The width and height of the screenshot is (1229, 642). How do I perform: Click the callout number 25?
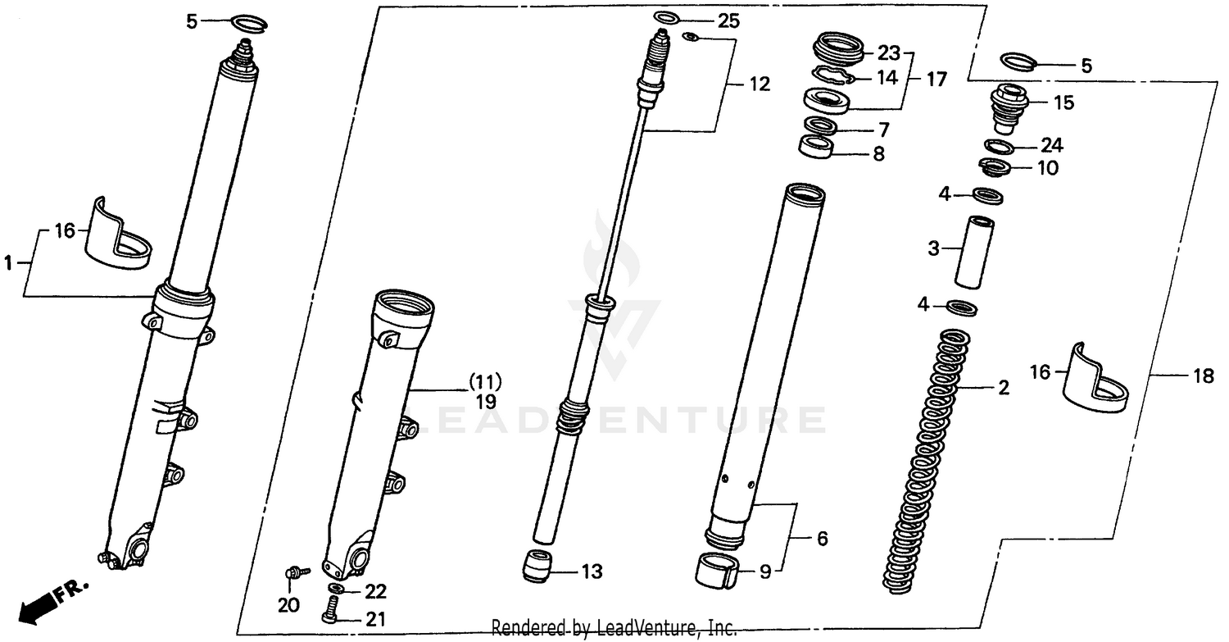[728, 20]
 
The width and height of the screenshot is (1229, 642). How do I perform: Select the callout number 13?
[592, 571]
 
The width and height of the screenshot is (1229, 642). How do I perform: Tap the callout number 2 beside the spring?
[1003, 388]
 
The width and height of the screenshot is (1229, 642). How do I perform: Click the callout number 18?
[1203, 376]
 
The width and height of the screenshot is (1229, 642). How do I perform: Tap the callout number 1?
[9, 263]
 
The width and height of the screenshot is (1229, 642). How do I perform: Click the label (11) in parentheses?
[485, 381]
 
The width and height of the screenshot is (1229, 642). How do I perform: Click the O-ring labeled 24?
[999, 147]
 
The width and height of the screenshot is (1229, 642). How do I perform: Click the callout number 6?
[821, 539]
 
